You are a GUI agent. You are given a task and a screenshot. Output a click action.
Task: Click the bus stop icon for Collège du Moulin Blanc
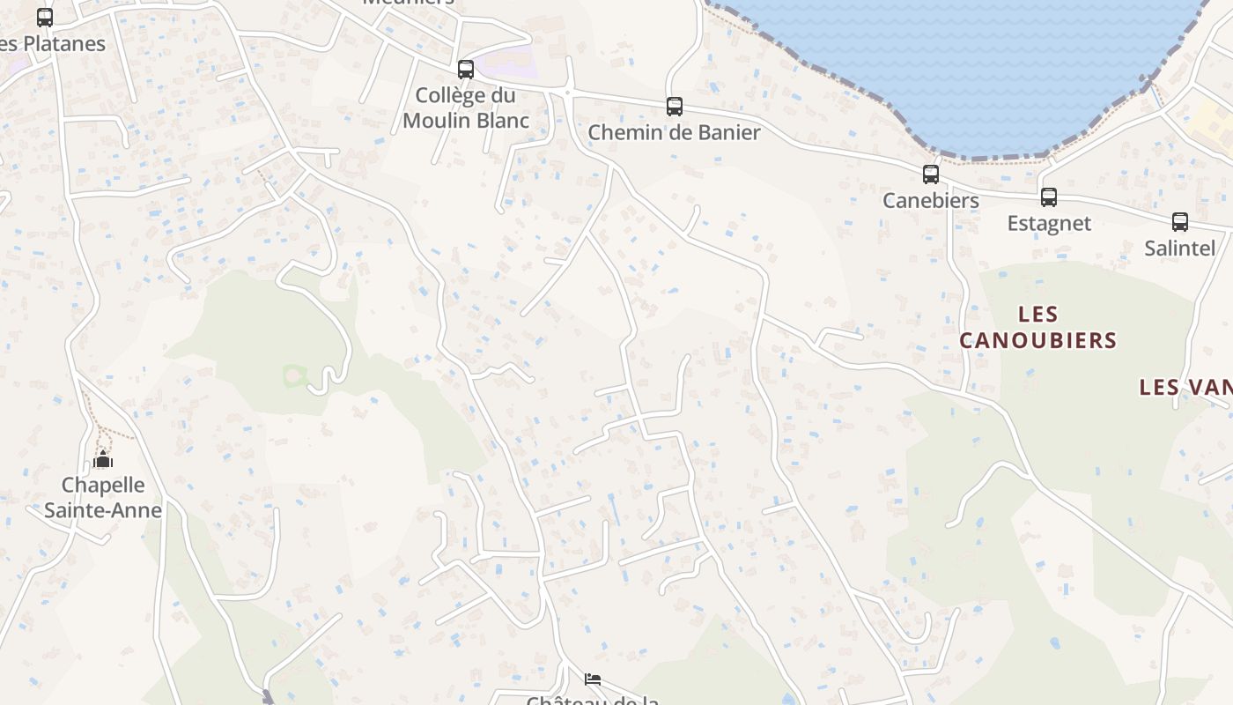pos(466,69)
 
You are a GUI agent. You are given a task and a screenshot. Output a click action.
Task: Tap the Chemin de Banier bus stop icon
pos(675,107)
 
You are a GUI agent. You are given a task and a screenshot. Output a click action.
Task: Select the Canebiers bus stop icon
pos(931,174)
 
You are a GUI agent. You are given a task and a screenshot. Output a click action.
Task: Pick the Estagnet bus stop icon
pos(1049,197)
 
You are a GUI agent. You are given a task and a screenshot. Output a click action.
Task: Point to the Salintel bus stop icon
pos(1180,222)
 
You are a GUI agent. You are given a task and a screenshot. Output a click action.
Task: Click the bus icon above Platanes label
pos(45,17)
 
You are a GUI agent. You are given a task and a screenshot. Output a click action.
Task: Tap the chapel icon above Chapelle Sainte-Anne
pos(103,460)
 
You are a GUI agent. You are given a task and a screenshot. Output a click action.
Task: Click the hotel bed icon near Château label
pos(593,679)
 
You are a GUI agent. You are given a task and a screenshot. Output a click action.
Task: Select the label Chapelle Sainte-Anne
pos(103,497)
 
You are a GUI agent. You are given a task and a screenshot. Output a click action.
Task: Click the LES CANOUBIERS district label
pos(1038,327)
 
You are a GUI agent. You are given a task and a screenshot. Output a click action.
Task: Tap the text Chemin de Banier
pos(674,132)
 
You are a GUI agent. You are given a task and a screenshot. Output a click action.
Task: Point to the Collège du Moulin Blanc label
pos(466,108)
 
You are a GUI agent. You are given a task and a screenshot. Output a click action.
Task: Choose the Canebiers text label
pos(931,200)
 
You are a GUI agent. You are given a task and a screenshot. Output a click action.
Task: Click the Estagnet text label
pos(1049,223)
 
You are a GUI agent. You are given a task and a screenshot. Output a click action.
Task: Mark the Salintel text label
pos(1180,248)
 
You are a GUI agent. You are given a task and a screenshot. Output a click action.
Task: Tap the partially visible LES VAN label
pos(1185,387)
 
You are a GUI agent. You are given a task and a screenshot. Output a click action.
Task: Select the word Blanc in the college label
pos(500,120)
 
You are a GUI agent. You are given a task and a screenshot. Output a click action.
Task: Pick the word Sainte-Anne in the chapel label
pos(103,509)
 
